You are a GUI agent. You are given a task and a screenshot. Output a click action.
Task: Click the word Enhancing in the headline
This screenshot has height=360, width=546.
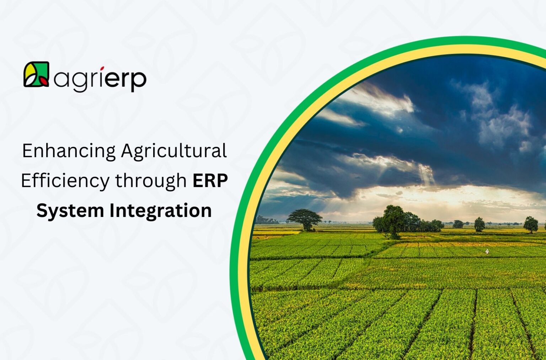coord(69,151)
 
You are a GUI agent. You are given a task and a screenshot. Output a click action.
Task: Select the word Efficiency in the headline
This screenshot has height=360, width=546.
coord(65,181)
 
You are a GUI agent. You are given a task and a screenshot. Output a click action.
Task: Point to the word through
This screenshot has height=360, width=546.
coord(151,181)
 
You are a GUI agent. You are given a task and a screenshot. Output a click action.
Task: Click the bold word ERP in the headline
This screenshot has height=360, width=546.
coord(210,181)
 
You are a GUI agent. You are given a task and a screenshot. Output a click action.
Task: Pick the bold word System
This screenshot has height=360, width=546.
coord(70,211)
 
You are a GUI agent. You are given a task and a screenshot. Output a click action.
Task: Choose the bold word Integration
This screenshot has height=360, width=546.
coord(160,211)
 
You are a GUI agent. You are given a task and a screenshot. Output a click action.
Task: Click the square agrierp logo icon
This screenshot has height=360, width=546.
coord(36,75)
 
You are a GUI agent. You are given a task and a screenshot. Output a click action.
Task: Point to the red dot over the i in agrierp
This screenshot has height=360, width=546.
coord(102,68)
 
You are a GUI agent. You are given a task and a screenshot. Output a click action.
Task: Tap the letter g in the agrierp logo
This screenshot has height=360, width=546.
coord(80,81)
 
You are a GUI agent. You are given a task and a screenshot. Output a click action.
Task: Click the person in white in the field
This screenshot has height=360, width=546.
coord(487,252)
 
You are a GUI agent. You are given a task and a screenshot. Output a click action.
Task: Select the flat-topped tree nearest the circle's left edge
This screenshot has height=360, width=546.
coord(304,218)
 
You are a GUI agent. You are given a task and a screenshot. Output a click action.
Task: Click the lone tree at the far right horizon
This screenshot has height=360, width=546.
coord(530,224)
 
